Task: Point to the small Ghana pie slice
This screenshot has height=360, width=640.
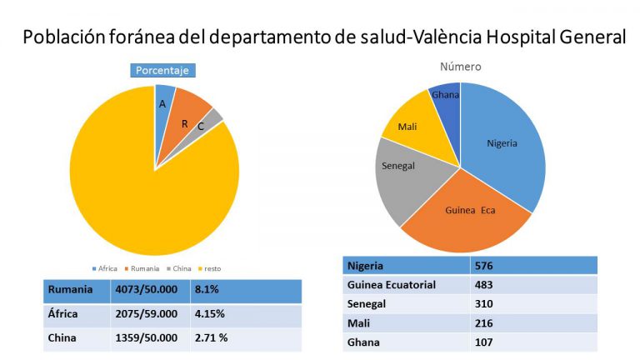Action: pyautogui.click(x=447, y=97)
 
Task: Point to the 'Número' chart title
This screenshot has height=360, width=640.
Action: pyautogui.click(x=460, y=66)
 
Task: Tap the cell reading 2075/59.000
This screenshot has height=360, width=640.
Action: pyautogui.click(x=146, y=315)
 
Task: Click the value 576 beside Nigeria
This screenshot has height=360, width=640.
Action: pyautogui.click(x=486, y=266)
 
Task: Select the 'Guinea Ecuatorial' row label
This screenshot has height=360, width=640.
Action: pyautogui.click(x=391, y=285)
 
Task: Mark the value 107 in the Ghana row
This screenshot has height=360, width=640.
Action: pyautogui.click(x=486, y=342)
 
